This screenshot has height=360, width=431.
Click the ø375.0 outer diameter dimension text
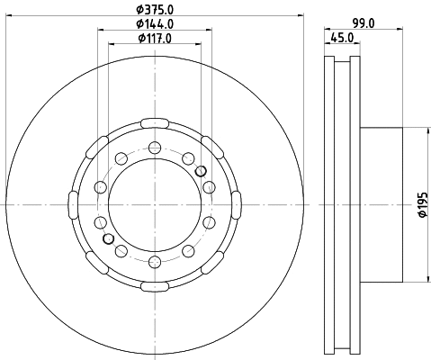point(154,10)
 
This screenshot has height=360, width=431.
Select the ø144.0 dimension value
point(154,24)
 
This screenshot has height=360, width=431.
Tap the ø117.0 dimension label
point(154,38)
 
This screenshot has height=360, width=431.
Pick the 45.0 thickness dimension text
point(342,38)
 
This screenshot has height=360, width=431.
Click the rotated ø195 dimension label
point(420,206)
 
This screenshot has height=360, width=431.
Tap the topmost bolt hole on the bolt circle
point(154,148)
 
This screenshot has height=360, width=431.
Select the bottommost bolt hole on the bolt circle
point(154,261)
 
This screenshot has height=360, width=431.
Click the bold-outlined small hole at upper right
point(200,170)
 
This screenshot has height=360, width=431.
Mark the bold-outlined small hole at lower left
point(109,238)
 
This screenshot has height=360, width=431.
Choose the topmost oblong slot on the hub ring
point(154,121)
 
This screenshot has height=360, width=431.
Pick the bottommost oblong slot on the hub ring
point(154,287)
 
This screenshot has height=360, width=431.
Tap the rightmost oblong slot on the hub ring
point(237,204)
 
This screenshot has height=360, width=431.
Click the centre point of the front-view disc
point(154,204)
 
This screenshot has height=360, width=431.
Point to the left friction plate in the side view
point(328,204)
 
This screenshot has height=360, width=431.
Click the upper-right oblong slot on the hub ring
point(212,146)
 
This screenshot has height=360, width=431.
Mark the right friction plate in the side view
point(355,204)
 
